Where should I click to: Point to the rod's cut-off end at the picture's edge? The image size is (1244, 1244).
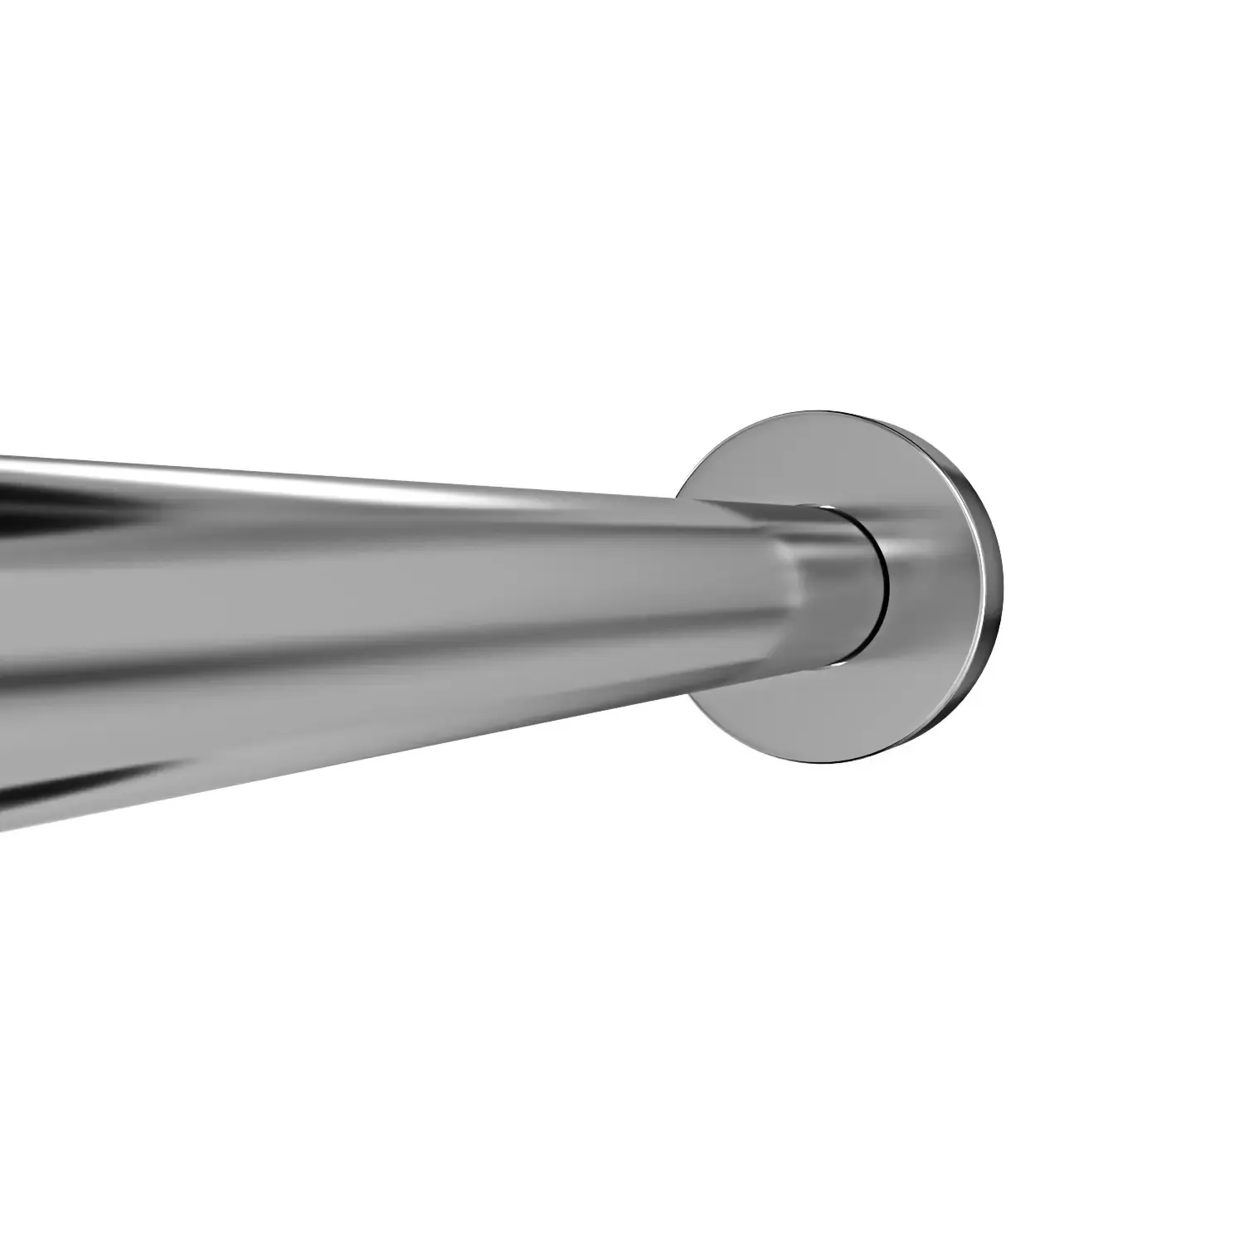click(x=4, y=639)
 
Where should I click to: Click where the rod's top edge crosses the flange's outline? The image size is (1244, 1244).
click(x=678, y=497)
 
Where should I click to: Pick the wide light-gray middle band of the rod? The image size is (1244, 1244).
click(x=415, y=597)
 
